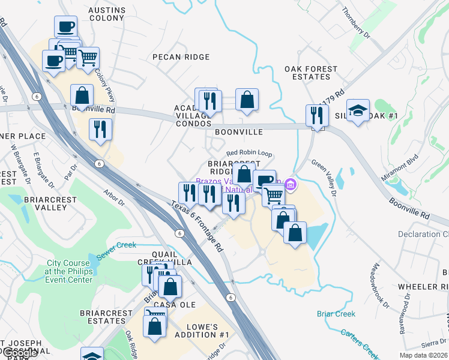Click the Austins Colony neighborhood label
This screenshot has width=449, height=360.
tap(107, 14)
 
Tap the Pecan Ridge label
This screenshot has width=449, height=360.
tap(181, 57)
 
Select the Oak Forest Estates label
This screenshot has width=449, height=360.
tap(311, 73)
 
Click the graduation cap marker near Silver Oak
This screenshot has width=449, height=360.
tap(358, 110)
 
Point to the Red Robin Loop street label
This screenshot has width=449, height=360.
tap(249, 154)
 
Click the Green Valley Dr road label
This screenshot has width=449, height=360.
tap(324, 178)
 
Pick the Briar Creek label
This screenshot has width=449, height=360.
tap(336, 314)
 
